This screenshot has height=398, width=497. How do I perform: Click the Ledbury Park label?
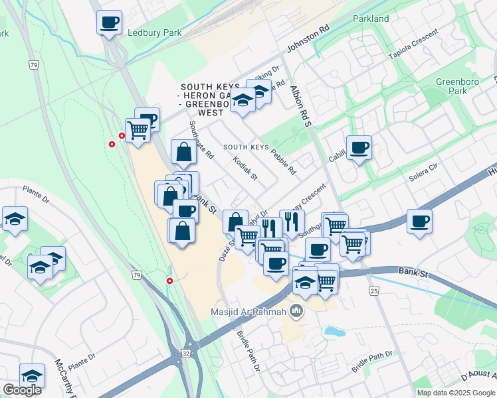[154, 33]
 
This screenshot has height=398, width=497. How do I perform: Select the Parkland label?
[371, 19]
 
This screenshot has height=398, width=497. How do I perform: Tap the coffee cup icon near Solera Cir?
[419, 222]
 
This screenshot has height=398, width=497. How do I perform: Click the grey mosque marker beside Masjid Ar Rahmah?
[296, 311]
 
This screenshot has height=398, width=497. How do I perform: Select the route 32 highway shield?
[185, 354]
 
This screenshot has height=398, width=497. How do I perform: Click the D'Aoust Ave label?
[478, 376]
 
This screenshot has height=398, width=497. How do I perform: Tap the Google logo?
[22, 390]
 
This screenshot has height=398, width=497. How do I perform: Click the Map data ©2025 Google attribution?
[456, 393]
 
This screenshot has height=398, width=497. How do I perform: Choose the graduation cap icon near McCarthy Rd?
[32, 375]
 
